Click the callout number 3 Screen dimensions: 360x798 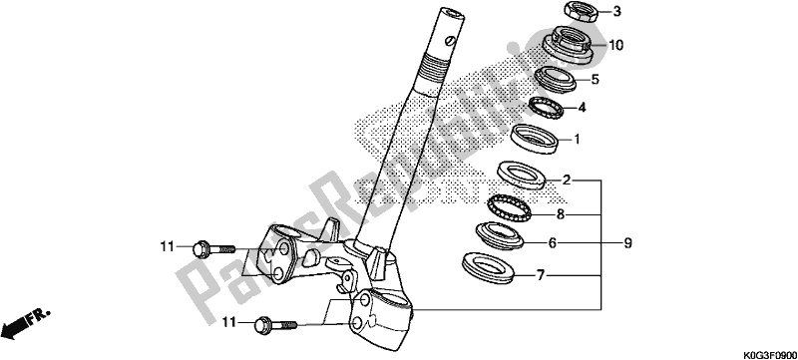point(589,12)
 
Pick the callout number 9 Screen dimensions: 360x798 point(628,242)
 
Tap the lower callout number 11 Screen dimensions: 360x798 point(231,322)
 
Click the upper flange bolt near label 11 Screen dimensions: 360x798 point(210,245)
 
